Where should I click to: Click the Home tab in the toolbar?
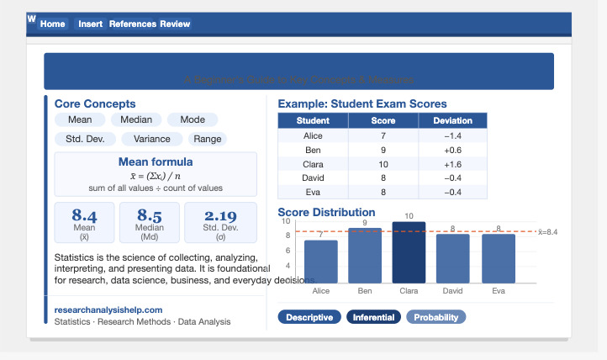coord(52,24)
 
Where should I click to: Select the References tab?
coord(133,24)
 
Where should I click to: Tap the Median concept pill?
coord(137,120)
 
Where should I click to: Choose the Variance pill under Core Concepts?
coord(152,139)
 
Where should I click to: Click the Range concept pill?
coord(207,139)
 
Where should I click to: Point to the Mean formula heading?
coord(156,161)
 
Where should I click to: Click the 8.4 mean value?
coord(84,216)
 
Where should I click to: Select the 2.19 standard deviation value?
coord(220,216)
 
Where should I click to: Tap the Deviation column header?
coord(452,121)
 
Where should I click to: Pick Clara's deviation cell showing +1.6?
coord(452,164)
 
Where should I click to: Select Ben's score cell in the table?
coord(383,150)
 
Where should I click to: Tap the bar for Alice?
coord(320,262)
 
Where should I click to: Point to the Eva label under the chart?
coord(498,290)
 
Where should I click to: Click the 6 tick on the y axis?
coord(288,251)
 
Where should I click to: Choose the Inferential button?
coord(373,317)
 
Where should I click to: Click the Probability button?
coord(435,317)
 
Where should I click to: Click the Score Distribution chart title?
coord(326,212)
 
